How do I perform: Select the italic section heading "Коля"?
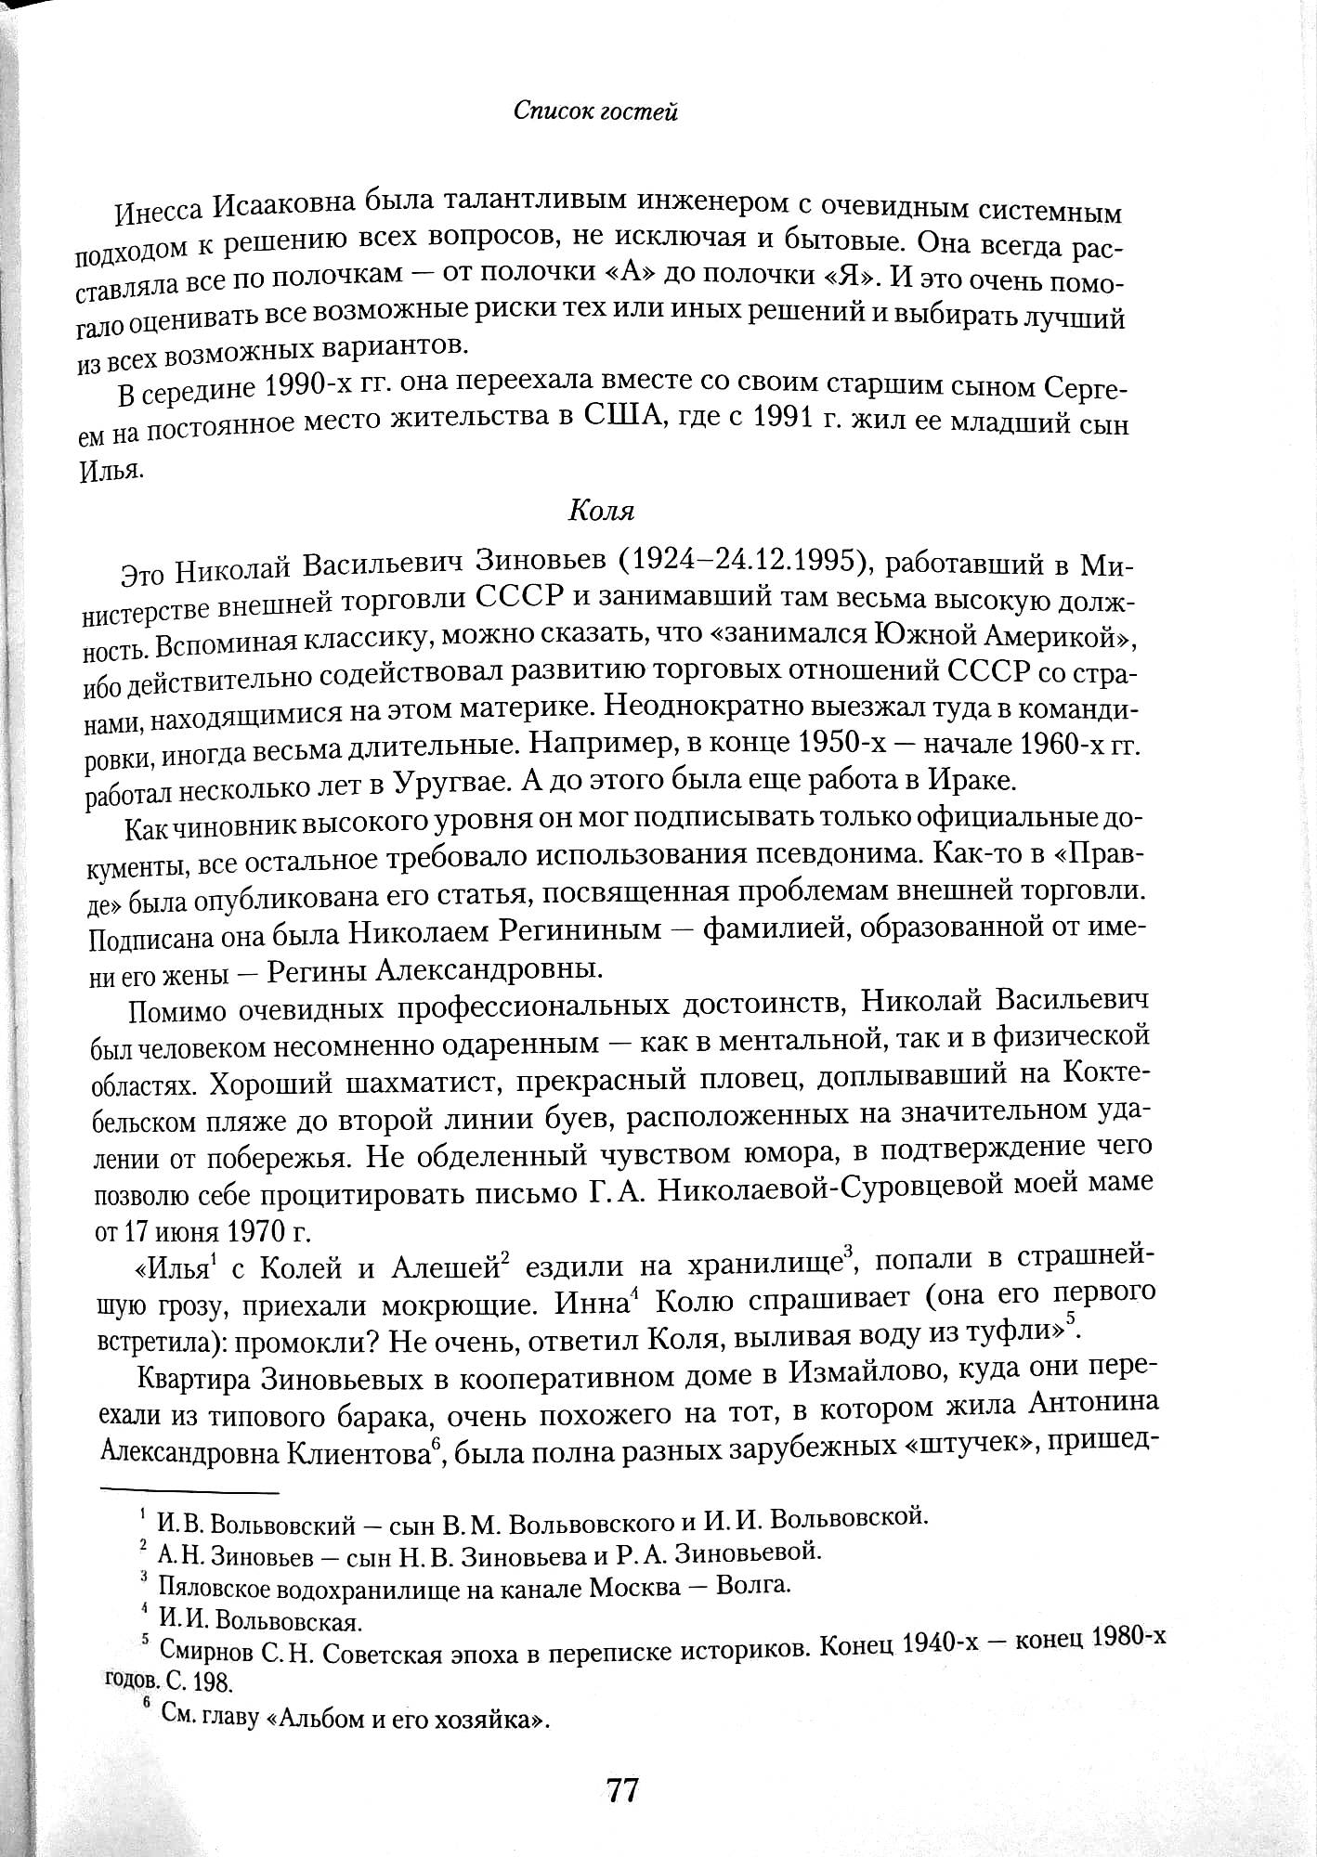pos(599,512)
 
